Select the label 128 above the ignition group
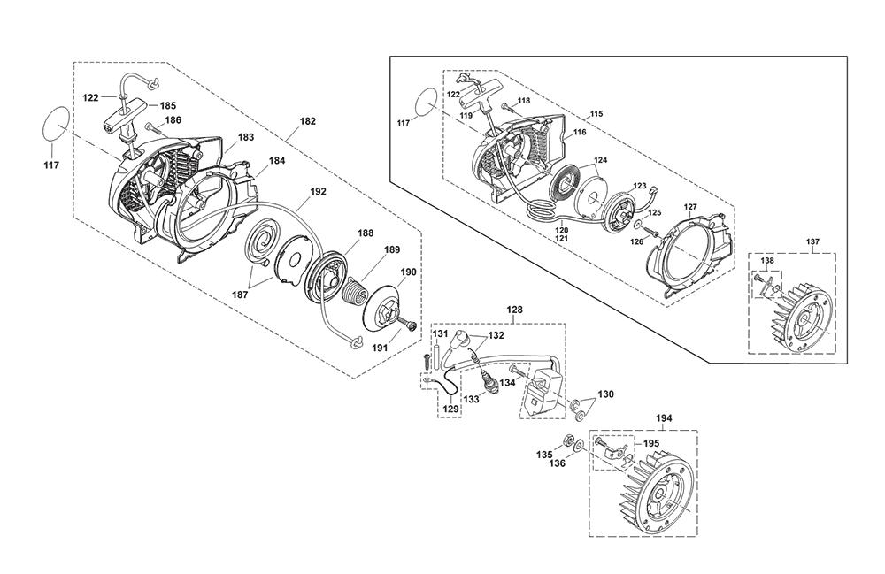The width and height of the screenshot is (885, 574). [514, 310]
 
